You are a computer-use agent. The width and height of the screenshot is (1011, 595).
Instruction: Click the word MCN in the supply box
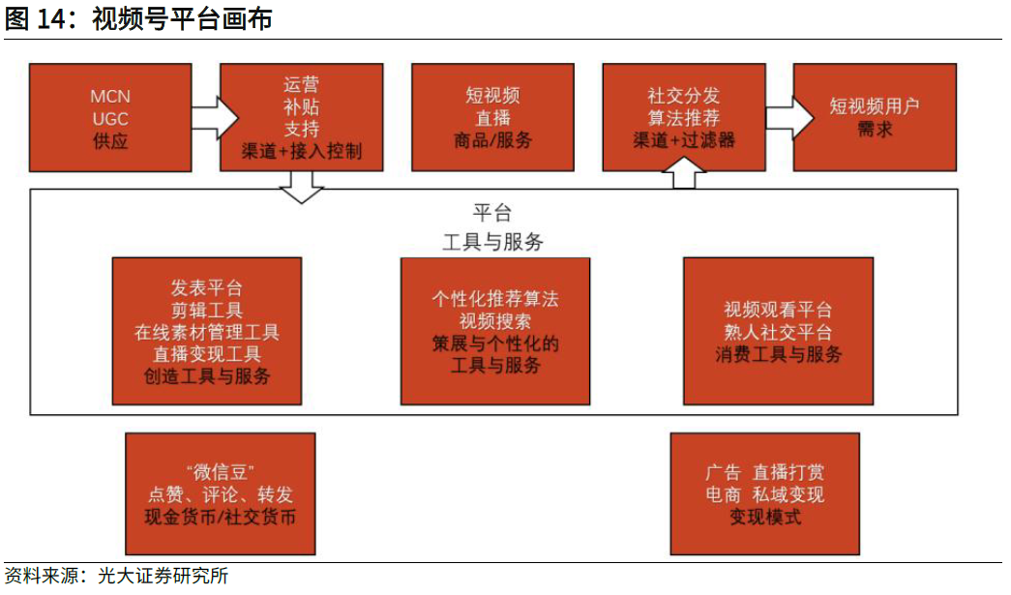tap(109, 97)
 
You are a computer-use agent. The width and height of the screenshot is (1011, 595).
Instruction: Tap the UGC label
tap(109, 118)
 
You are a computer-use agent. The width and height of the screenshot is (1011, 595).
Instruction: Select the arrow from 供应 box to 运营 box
tap(214, 118)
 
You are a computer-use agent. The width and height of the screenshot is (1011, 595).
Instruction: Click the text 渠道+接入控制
tap(302, 150)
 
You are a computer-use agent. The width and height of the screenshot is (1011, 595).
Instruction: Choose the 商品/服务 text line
tap(492, 140)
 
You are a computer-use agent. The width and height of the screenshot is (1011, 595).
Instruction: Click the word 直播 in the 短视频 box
tap(492, 118)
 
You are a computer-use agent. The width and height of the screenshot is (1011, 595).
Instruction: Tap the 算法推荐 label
tap(684, 118)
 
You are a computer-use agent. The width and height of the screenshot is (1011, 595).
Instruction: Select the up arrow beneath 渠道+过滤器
tap(684, 173)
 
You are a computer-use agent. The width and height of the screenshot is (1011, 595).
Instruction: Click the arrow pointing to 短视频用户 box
tap(788, 118)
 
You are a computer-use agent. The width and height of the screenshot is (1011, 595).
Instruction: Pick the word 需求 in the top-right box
tap(874, 130)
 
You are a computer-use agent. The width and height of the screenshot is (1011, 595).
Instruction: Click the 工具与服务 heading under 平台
tap(492, 242)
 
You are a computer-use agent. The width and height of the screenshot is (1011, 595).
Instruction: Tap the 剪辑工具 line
tap(207, 311)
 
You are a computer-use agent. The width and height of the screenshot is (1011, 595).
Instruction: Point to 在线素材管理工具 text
tap(207, 333)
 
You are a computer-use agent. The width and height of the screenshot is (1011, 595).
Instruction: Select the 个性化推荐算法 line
tap(495, 299)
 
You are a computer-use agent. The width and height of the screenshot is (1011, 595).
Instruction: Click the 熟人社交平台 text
tap(778, 333)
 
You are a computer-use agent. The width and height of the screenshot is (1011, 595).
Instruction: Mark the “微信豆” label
tap(221, 473)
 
